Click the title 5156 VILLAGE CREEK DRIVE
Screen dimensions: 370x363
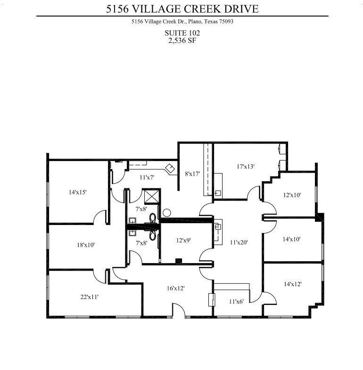click(x=182, y=8)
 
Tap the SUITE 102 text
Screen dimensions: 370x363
click(x=182, y=33)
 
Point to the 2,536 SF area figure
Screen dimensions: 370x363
click(x=182, y=40)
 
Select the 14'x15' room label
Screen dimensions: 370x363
click(x=78, y=192)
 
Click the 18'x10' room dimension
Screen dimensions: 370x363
click(x=86, y=245)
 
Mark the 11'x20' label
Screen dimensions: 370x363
click(x=238, y=243)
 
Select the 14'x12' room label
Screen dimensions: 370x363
click(x=292, y=284)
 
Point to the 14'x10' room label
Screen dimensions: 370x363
click(x=292, y=239)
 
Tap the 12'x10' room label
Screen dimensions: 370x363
click(x=292, y=194)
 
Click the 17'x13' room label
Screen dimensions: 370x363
click(x=246, y=166)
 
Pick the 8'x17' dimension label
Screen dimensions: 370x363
click(x=192, y=174)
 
